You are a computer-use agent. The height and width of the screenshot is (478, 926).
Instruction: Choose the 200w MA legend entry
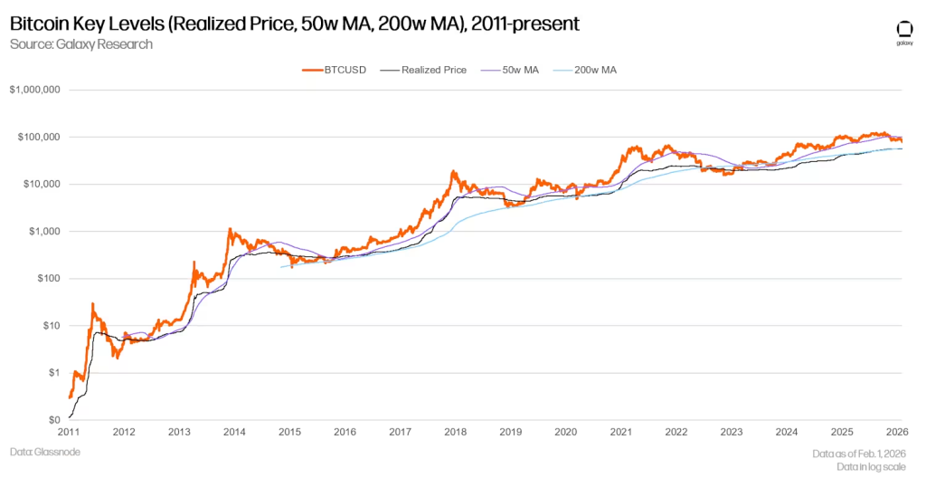(588, 70)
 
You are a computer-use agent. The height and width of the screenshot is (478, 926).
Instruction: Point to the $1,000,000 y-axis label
(35, 91)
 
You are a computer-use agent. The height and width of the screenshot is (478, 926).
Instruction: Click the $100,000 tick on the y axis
(38, 138)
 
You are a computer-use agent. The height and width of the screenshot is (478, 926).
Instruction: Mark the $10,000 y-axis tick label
(41, 185)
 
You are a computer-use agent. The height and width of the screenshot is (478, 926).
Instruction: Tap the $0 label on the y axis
(53, 420)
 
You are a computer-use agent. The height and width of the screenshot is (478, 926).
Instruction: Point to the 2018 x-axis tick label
(455, 432)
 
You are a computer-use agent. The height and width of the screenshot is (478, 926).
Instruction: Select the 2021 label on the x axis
(621, 432)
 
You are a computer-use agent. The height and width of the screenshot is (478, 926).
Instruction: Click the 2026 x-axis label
(897, 432)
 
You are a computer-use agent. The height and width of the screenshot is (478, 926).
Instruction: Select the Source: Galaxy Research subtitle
(80, 43)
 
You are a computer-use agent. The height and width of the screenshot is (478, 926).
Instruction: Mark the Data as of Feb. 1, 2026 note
(858, 451)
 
